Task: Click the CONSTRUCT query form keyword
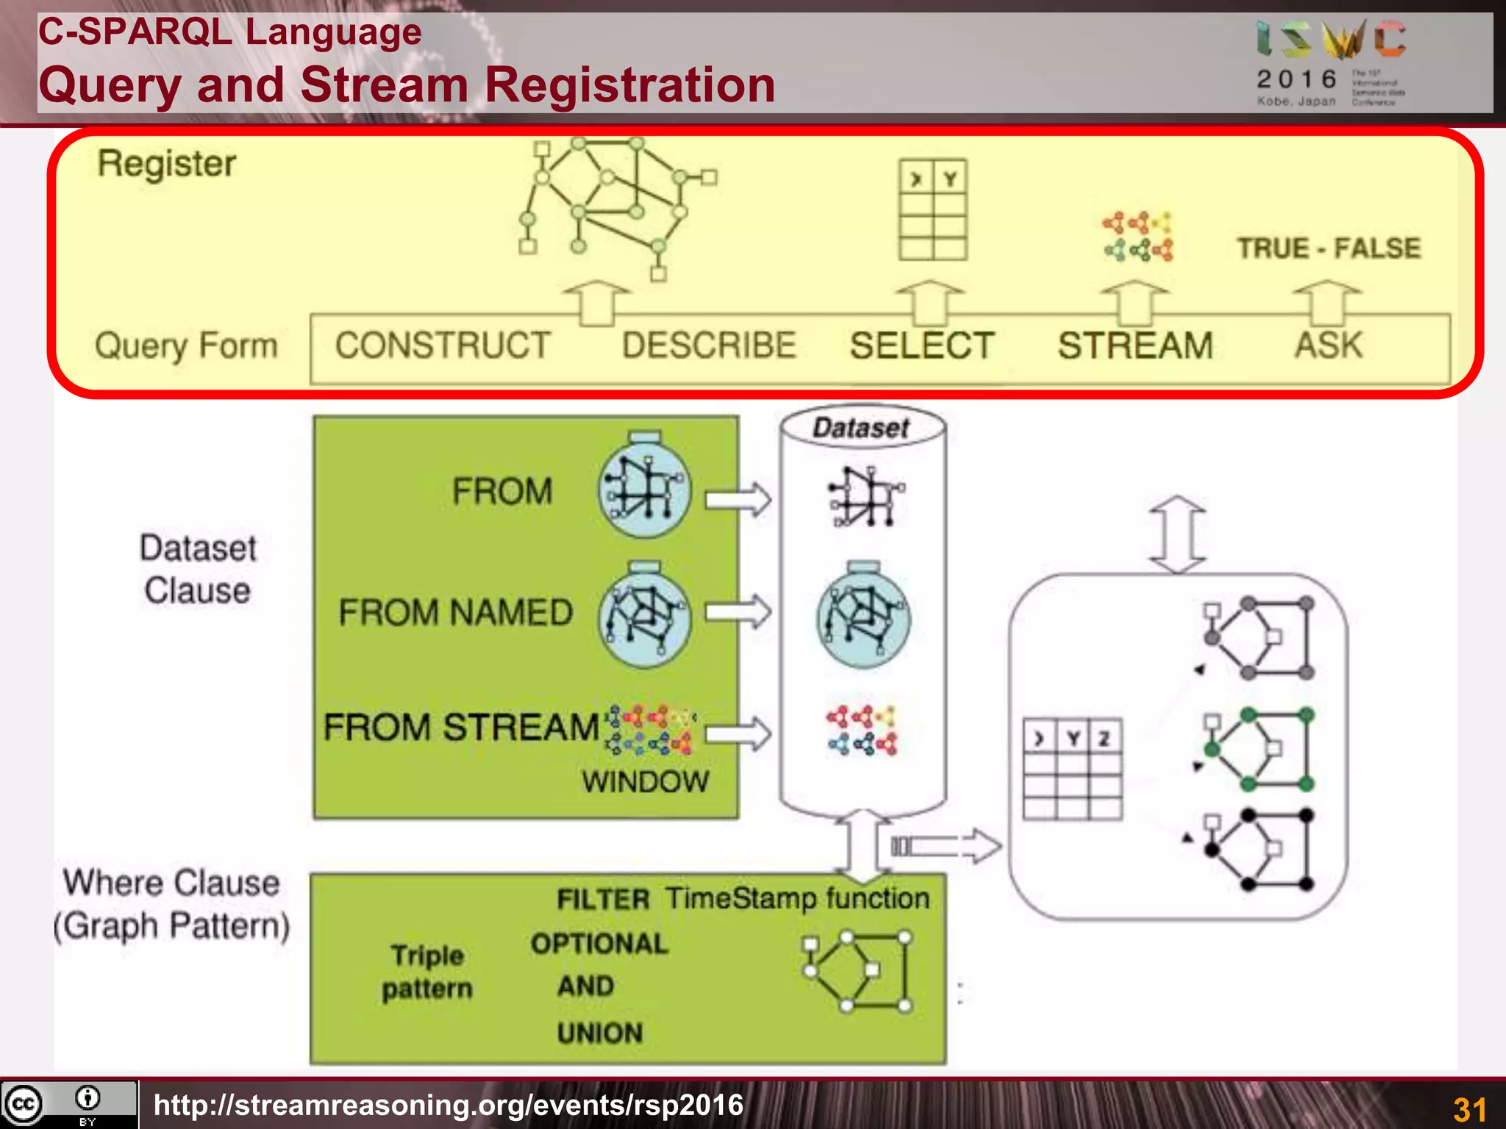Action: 443,345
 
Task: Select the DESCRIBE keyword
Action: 709,345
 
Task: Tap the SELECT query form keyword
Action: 922,345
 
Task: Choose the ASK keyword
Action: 1329,345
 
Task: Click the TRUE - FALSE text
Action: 1328,248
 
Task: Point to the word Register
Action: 167,163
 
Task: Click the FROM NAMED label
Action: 455,612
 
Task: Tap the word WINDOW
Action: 645,781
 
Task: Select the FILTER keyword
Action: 603,900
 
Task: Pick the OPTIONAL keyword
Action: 599,944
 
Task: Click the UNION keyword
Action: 599,1033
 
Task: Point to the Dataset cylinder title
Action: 861,428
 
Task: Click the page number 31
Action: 1469,1109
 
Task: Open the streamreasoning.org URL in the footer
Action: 449,1105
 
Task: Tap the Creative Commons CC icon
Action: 24,1103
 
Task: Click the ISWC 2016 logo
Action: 1331,62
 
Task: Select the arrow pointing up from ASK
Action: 1327,302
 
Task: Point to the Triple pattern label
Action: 427,972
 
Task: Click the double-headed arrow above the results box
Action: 1177,534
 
